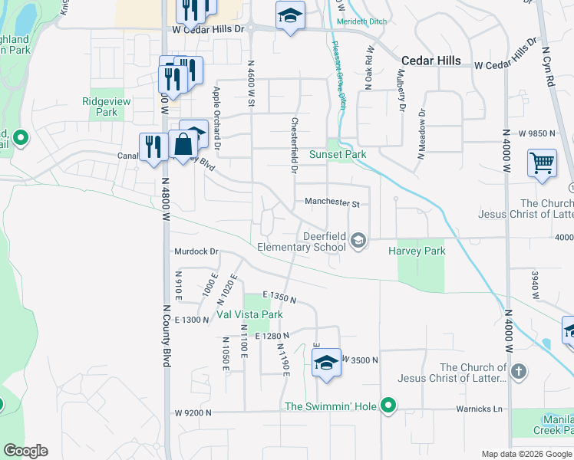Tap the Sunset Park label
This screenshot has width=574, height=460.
(x=338, y=154)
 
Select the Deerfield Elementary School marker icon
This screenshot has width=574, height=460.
(x=358, y=242)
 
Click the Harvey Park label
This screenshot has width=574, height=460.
(x=417, y=251)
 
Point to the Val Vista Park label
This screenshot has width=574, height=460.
(x=249, y=314)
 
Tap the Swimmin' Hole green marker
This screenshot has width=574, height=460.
(x=389, y=406)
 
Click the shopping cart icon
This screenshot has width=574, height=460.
(x=542, y=163)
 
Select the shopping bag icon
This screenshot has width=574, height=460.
(x=183, y=143)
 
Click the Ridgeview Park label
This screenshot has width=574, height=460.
(x=106, y=107)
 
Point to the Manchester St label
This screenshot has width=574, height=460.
(x=332, y=203)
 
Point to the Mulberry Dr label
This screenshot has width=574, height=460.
(x=401, y=92)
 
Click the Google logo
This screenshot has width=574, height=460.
(x=25, y=451)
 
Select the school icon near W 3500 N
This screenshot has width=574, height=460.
(x=326, y=361)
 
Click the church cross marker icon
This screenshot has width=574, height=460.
(x=519, y=373)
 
